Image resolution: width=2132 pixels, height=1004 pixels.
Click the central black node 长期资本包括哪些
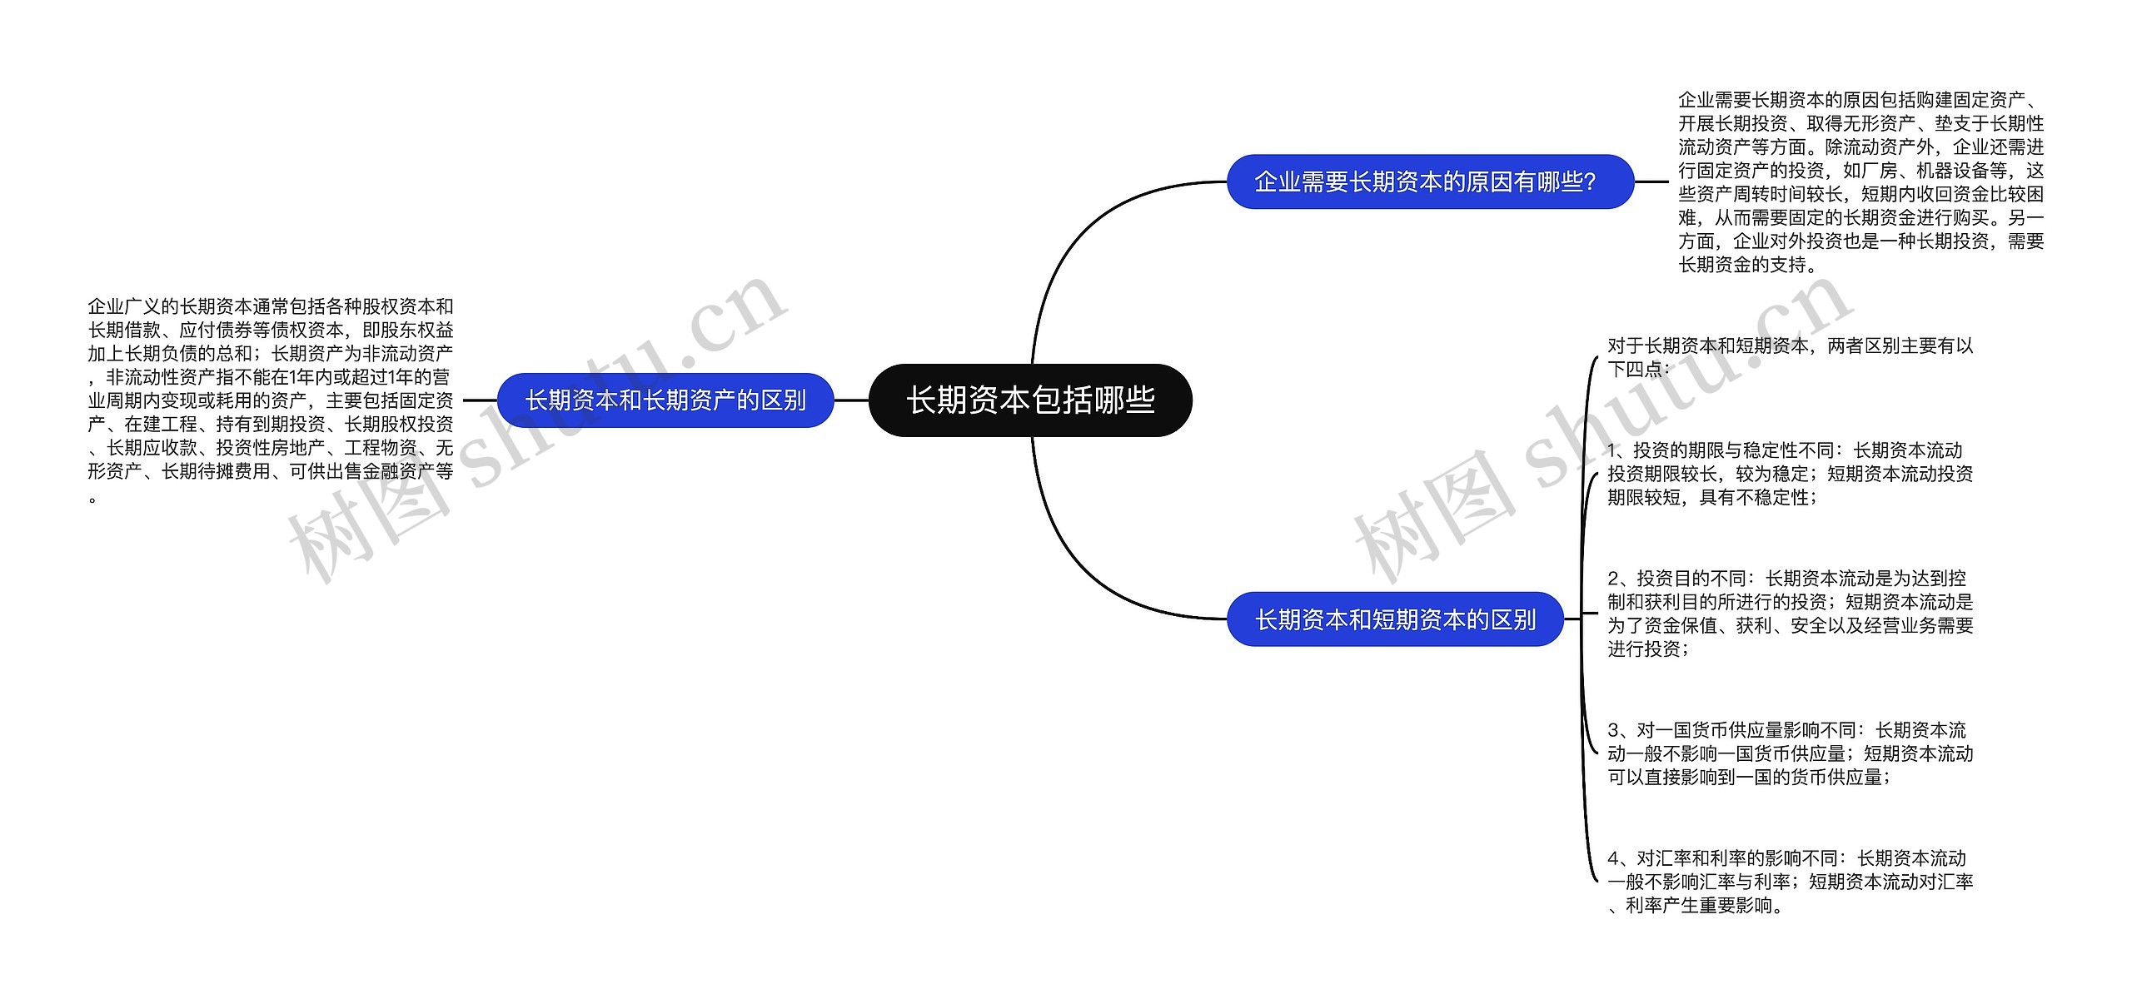pyautogui.click(x=1030, y=400)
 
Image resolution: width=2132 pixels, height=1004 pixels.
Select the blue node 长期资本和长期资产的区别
pyautogui.click(x=665, y=400)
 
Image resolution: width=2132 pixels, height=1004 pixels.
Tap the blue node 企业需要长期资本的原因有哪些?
pyautogui.click(x=1430, y=181)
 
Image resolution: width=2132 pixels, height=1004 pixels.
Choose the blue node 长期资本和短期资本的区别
pyautogui.click(x=1395, y=619)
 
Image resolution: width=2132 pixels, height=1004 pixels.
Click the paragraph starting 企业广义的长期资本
pyautogui.click(x=271, y=400)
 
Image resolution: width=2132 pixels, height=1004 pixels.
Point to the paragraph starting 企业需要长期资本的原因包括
pyautogui.click(x=1861, y=181)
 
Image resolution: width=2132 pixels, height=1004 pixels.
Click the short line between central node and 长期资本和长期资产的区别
pyautogui.click(x=851, y=400)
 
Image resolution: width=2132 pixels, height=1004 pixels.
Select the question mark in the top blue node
pyautogui.click(x=1590, y=181)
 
